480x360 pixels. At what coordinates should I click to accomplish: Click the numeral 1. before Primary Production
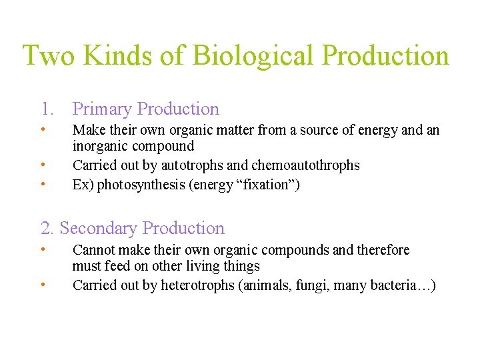pos(47,109)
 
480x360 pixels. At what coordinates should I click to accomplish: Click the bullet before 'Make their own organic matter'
pos(43,129)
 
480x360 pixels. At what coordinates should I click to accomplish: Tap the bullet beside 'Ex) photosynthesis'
pos(43,183)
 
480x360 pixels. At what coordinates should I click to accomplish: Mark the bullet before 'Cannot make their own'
pos(43,249)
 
